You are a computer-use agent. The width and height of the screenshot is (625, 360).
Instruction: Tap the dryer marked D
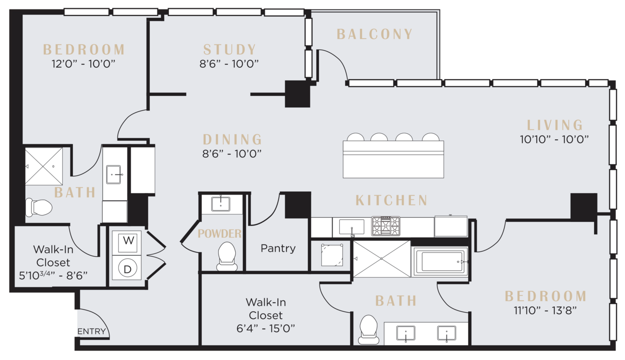coord(127,268)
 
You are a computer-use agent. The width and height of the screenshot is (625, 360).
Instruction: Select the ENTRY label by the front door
coord(92,331)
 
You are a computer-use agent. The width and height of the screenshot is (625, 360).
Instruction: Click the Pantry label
coord(278,248)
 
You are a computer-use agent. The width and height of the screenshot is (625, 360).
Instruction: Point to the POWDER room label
coord(219,234)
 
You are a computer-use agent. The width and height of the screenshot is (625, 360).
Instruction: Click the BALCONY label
coord(374,34)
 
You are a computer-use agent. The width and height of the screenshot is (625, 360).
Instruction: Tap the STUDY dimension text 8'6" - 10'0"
coord(229,64)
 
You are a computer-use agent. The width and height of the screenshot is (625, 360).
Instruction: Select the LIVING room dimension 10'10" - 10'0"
coord(554,139)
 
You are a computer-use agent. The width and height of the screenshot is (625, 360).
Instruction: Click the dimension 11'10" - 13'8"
coord(545,310)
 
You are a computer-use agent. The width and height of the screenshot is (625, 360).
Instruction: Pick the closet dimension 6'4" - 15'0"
coord(266,329)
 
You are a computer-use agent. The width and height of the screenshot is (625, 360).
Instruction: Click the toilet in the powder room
coord(227,256)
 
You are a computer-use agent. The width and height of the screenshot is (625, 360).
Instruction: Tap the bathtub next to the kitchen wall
coord(440,262)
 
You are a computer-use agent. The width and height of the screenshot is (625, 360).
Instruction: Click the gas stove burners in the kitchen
coord(386,226)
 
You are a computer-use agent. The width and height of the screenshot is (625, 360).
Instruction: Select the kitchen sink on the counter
coord(352,227)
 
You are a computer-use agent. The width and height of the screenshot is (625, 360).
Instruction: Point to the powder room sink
coord(221,204)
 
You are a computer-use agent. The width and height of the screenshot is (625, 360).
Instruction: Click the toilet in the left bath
coord(39,208)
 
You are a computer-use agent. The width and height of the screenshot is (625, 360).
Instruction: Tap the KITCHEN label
coord(392,200)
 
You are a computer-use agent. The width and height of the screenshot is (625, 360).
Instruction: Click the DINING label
coord(232,139)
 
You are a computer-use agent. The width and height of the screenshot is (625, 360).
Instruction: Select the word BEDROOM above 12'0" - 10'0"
coord(84,50)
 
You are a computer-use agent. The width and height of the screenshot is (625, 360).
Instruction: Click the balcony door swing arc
coord(338,58)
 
